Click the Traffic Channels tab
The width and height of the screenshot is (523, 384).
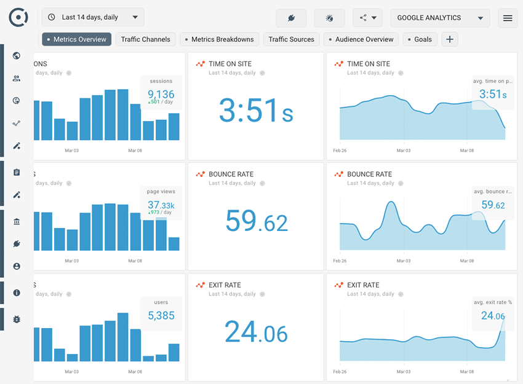pos(145,39)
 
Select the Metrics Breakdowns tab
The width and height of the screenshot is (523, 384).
pos(219,39)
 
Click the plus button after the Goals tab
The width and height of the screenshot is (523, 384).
pos(450,39)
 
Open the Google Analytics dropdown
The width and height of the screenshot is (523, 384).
pos(440,18)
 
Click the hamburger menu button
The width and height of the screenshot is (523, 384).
pos(508,18)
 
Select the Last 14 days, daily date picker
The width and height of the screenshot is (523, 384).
pos(93,17)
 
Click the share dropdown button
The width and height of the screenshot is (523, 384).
pos(367,18)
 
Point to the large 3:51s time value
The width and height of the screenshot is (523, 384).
pos(256,111)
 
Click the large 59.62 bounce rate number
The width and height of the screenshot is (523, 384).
pos(256,221)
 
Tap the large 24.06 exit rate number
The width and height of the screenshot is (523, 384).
pos(256,332)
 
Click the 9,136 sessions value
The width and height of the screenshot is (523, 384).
pos(161,94)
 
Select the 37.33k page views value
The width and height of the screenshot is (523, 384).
pos(161,205)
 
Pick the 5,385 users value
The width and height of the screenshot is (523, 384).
pos(161,316)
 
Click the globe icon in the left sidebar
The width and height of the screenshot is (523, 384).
pos(17,56)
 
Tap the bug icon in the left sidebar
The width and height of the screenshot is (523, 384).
pos(17,319)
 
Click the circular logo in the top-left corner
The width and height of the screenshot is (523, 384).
pos(18,18)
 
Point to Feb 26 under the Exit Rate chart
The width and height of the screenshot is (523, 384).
pos(340,372)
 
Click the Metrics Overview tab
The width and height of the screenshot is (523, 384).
pos(77,39)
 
